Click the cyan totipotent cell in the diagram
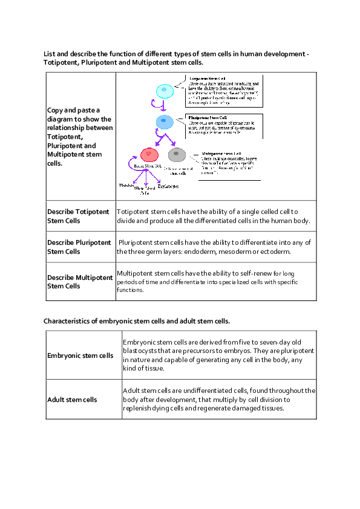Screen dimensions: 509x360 click(x=165, y=91)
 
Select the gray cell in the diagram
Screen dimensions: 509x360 click(x=177, y=155)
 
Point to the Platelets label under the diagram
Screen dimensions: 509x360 click(x=126, y=185)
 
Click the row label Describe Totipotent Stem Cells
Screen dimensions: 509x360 click(x=79, y=216)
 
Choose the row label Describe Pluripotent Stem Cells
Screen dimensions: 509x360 click(x=79, y=247)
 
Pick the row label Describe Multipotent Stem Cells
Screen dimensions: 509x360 click(x=80, y=282)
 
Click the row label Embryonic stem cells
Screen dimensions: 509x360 click(x=80, y=355)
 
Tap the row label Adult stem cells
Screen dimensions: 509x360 click(x=72, y=400)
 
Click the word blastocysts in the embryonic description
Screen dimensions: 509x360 click(x=141, y=351)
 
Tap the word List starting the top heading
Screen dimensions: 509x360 click(x=49, y=54)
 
